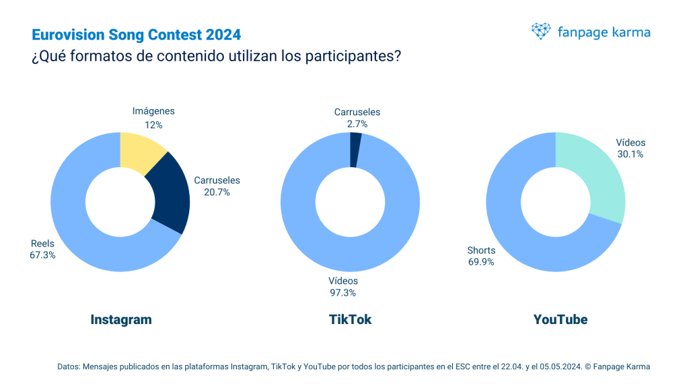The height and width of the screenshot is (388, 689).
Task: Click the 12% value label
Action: [153, 125]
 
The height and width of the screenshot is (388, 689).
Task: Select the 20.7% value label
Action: [217, 192]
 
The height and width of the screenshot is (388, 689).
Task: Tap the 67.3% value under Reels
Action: [43, 255]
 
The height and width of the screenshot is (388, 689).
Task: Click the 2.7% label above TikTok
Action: [357, 125]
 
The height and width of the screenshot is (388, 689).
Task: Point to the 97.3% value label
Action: [342, 292]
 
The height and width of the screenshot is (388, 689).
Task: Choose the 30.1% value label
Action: [630, 154]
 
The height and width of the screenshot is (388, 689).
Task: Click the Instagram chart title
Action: [121, 319]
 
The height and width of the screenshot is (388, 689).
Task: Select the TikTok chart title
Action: [350, 319]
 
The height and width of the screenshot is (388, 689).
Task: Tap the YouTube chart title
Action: [560, 319]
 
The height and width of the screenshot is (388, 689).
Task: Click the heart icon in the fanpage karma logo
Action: [541, 32]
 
